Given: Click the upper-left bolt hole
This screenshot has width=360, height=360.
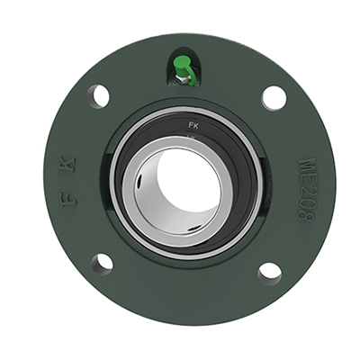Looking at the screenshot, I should (x=99, y=95).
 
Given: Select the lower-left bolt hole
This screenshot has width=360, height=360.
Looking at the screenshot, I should (x=102, y=263).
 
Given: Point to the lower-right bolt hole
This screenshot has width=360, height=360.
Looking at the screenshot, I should (x=269, y=271).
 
